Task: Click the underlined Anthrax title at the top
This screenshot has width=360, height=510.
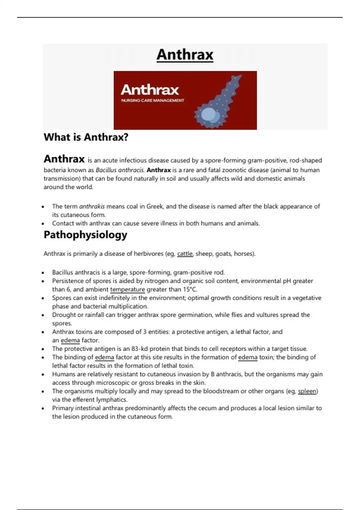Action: click(x=185, y=55)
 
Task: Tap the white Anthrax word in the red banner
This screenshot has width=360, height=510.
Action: click(x=150, y=90)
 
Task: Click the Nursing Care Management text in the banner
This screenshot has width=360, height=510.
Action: click(x=153, y=100)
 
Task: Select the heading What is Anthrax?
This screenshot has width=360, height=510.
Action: click(x=86, y=137)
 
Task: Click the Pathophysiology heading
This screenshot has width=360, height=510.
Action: click(x=85, y=235)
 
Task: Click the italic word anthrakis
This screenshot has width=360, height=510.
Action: click(x=92, y=206)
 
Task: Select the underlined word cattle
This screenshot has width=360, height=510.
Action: click(x=185, y=254)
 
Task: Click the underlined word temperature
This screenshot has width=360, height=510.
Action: click(x=127, y=289)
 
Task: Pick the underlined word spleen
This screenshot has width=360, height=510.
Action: click(x=307, y=391)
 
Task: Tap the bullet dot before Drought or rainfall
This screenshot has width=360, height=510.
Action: click(x=43, y=315)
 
